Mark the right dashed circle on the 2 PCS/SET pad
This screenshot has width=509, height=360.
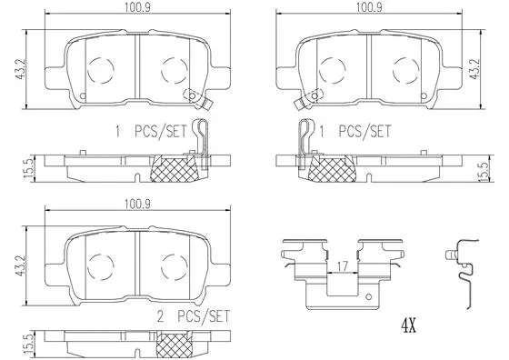pyautogui.click(x=173, y=264)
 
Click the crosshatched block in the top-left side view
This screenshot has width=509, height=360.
pyautogui.click(x=174, y=167)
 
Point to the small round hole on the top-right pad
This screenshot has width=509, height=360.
pyautogui.click(x=313, y=95)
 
